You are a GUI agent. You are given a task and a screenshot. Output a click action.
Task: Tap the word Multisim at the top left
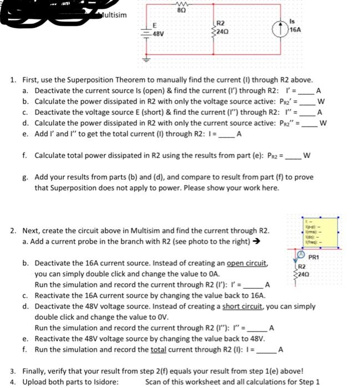tap(114, 14)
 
